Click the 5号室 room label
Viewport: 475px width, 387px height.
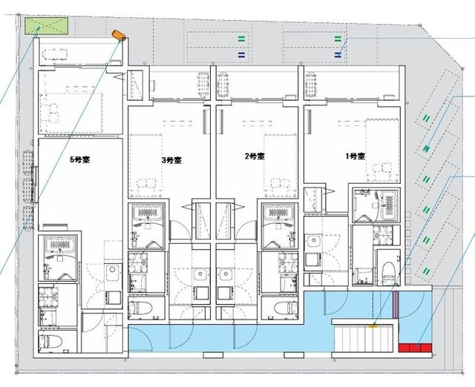(80, 159)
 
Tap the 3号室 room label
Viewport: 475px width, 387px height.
(171, 160)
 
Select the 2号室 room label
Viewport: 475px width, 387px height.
(255, 156)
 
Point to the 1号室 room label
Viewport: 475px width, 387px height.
(356, 156)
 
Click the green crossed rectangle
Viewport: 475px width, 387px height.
(46, 26)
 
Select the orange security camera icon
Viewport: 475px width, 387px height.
(119, 36)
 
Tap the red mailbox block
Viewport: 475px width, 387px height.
(415, 348)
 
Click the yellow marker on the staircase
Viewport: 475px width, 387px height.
(373, 326)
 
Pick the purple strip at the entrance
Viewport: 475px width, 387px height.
(396, 305)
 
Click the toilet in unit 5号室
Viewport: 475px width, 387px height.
(52, 341)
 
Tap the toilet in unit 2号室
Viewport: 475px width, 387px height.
(284, 308)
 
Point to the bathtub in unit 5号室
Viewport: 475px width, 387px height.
(60, 245)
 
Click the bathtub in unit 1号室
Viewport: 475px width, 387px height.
(390, 205)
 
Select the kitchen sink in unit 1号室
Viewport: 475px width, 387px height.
(313, 242)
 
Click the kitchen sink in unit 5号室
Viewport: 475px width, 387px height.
(114, 269)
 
